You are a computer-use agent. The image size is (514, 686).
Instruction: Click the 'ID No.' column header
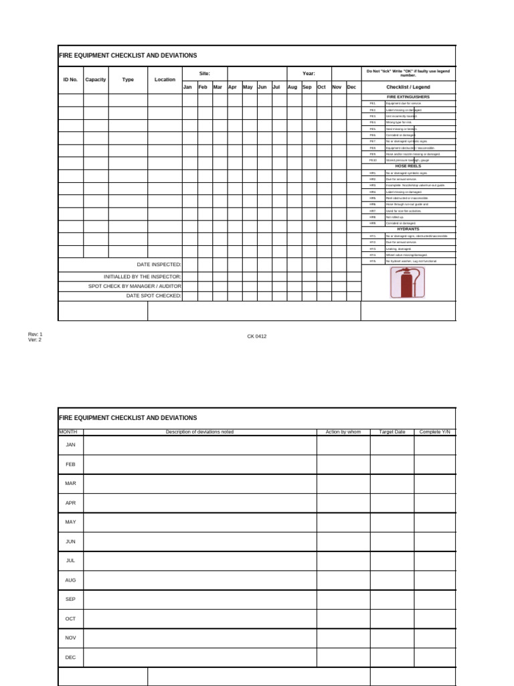coord(70,80)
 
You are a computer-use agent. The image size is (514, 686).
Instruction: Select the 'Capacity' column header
coord(96,80)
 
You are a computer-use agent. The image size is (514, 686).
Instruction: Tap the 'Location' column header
coord(165,80)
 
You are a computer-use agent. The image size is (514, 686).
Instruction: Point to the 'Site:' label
coord(205,74)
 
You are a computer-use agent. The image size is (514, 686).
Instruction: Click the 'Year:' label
coord(309,74)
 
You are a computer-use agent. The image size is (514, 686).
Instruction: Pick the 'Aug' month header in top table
coord(292,87)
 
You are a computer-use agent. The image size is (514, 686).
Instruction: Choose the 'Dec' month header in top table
coord(352,87)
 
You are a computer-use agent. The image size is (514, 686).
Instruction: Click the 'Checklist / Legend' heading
coord(408,87)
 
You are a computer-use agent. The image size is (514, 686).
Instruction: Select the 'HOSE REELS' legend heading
coord(408,166)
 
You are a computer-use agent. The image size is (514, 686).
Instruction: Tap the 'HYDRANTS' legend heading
coord(408,229)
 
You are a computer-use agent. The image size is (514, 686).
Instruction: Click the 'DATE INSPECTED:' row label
coord(159,265)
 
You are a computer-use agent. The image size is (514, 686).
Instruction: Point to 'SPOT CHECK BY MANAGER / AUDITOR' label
coord(135,286)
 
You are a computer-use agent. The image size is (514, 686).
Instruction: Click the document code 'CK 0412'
coord(257,336)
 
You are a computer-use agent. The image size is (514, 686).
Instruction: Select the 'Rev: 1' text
coord(35,334)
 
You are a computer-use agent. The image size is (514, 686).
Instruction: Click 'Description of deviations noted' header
coord(199,432)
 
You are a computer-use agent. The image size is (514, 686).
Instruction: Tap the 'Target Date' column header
coord(392,432)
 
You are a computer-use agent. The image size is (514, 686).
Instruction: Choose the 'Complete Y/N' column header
coord(435,432)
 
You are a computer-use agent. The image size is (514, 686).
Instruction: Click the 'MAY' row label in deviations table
coord(70,522)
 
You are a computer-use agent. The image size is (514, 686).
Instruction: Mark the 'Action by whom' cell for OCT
coord(343,619)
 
